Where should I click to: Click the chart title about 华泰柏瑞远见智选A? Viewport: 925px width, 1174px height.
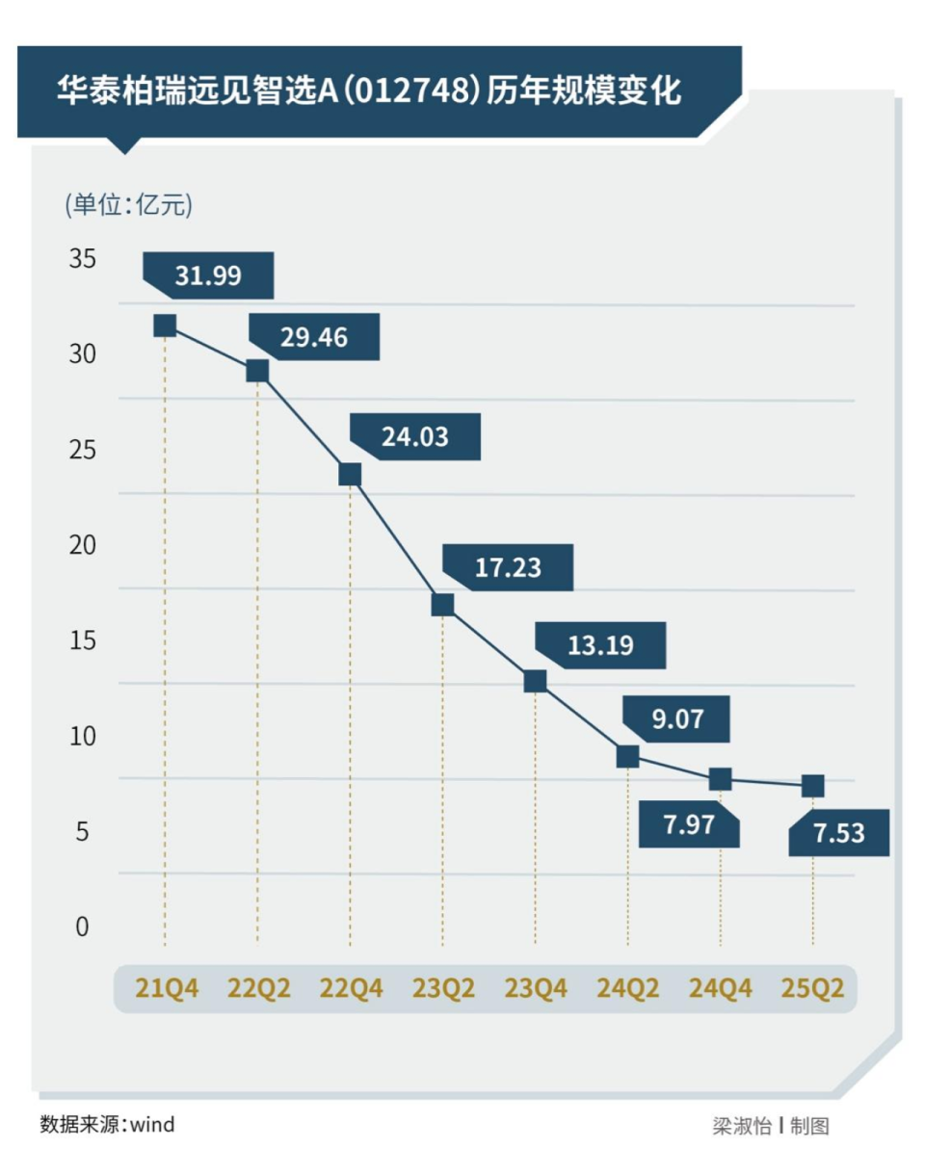(370, 91)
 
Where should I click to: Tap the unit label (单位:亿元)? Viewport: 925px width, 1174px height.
(128, 204)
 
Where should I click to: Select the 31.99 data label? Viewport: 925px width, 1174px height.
(208, 276)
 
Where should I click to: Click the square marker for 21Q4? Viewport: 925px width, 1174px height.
(165, 326)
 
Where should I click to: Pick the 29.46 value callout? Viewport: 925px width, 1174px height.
(314, 337)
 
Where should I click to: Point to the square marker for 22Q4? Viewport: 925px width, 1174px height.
(350, 474)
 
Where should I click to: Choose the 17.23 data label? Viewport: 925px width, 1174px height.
(508, 567)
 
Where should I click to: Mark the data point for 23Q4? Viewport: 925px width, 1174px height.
(535, 681)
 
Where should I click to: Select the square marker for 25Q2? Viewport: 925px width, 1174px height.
(812, 786)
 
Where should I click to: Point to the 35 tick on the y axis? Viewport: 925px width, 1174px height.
(83, 259)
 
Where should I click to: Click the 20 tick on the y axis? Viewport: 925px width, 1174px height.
(83, 545)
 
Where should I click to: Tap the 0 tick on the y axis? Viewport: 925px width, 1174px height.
(83, 926)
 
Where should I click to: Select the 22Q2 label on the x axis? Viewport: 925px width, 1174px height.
(257, 989)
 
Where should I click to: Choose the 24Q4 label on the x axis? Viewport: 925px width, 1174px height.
(720, 989)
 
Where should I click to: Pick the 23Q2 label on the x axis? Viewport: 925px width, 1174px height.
(443, 989)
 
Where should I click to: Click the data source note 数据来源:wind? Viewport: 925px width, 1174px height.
(107, 1124)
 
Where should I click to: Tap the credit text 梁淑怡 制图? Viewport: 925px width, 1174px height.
(771, 1126)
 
